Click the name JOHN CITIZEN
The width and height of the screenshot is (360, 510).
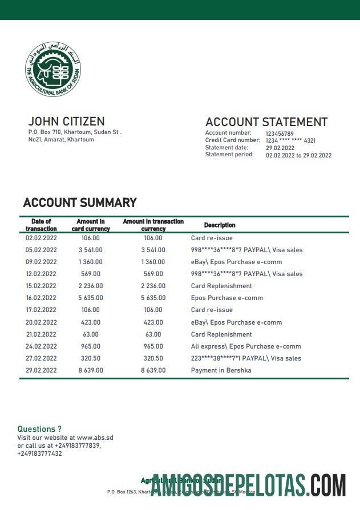pos(66,121)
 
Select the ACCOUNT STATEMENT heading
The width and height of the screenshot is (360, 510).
pos(266,122)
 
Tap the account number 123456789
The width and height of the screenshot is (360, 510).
pos(280,133)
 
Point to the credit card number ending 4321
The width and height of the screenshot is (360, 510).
pos(290,140)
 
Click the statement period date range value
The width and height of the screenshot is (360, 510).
pos(298,155)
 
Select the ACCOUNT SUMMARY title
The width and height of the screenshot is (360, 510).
pos(79,203)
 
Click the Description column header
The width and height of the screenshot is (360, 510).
pos(220,225)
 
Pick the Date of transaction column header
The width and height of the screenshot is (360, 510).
pos(41,225)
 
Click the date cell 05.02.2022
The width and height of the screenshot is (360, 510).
pos(41,250)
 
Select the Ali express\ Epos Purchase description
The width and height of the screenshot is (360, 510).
pos(245,346)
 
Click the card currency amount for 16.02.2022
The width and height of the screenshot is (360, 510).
pos(91,298)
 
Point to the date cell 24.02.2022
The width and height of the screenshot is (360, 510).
pos(41,346)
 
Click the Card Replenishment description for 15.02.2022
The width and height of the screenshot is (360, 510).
pos(221,286)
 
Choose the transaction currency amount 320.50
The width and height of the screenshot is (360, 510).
pos(153,358)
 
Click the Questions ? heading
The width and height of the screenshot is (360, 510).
pos(39,428)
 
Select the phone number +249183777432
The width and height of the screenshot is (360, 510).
pos(39,454)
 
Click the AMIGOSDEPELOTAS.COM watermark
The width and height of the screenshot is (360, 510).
pos(248,485)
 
